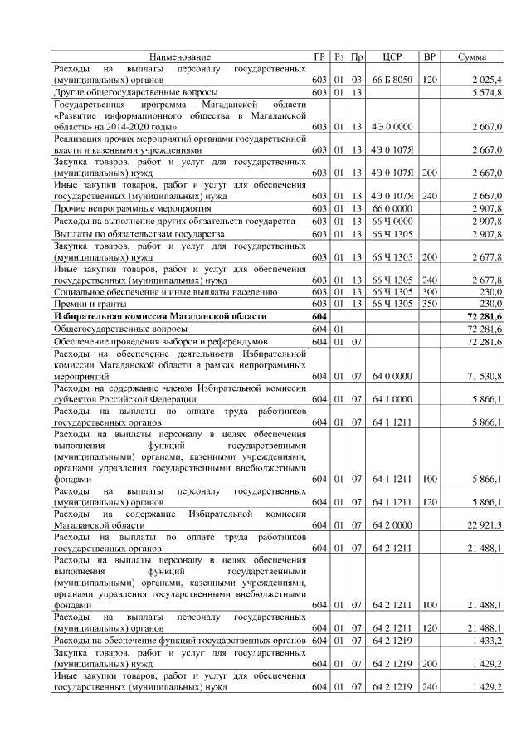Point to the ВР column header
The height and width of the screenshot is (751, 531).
(430, 56)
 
